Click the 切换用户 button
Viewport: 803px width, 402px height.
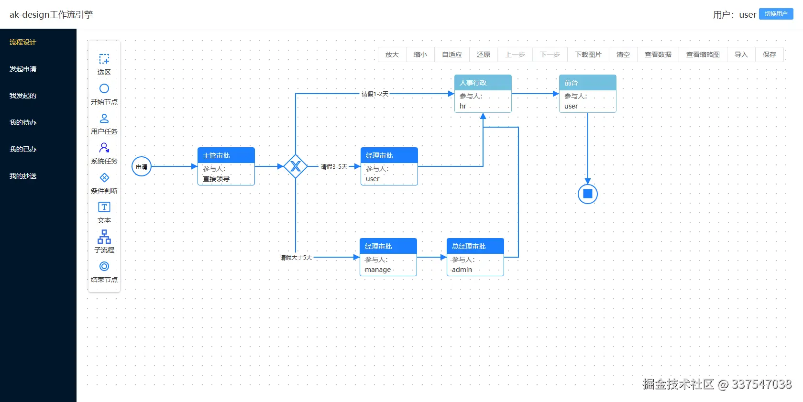[x=776, y=14]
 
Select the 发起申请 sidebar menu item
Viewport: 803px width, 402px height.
[x=23, y=69]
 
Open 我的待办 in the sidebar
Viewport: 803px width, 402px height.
[x=23, y=122]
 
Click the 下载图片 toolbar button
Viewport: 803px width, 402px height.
[x=588, y=54]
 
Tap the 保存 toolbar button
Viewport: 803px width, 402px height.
[x=769, y=54]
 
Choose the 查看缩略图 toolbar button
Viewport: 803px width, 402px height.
[x=703, y=54]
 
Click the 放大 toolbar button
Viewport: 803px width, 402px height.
[x=392, y=54]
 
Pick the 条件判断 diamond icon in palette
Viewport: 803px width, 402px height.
[x=104, y=178]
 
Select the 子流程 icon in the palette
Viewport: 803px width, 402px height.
[x=104, y=237]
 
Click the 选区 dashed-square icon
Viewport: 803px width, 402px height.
[x=104, y=59]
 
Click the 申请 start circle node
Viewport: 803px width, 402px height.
[x=142, y=166]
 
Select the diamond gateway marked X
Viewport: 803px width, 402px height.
[x=296, y=166]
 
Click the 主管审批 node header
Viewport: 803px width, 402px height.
[x=226, y=155]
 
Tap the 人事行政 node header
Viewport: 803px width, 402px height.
[x=483, y=83]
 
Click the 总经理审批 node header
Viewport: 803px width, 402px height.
[x=475, y=246]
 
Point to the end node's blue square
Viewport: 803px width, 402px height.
[x=588, y=194]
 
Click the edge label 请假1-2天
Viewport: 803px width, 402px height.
[x=375, y=94]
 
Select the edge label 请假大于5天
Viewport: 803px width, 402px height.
[x=296, y=258]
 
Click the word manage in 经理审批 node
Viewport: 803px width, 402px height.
[x=378, y=270]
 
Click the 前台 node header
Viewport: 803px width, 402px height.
[x=587, y=83]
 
